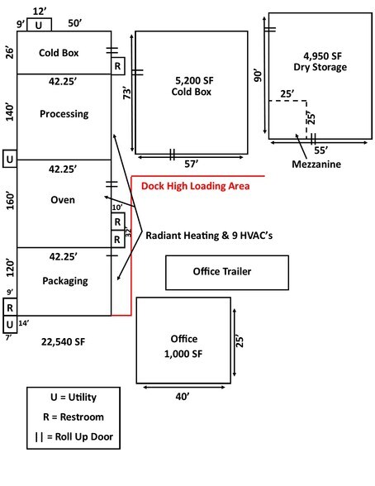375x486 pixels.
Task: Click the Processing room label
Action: pos(64,114)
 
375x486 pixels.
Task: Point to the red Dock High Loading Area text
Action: pos(195,186)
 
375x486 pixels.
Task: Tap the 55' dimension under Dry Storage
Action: pos(320,153)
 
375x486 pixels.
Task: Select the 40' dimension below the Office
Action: pos(183,397)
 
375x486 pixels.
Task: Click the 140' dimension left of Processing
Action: pos(8,113)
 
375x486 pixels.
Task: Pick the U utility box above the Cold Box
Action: pos(39,25)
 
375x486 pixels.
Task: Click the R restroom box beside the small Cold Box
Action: pos(118,65)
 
